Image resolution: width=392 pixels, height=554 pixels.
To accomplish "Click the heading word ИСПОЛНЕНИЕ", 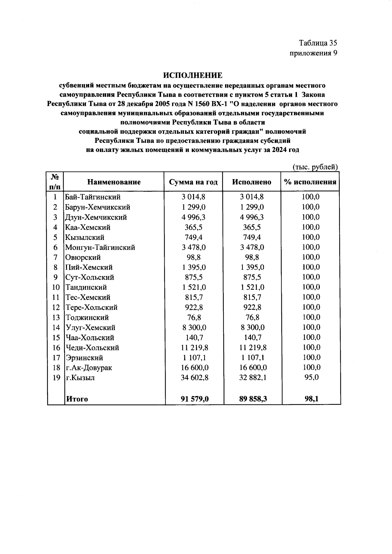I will coord(193,76).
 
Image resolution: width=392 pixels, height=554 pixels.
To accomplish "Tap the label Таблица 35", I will coord(318,43).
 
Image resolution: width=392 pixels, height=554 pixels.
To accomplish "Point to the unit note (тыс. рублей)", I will coord(315,167).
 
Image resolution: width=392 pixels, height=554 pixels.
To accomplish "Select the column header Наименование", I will coord(114,182).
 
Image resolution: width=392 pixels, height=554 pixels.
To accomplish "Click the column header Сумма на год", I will coord(193,182).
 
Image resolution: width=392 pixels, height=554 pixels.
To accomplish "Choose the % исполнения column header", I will coord(310,182).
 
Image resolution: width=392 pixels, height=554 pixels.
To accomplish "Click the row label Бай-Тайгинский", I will coord(93,197).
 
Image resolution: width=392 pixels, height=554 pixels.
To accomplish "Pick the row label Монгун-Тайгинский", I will coord(100,247).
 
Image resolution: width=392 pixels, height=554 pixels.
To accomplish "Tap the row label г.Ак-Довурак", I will coord(89,368).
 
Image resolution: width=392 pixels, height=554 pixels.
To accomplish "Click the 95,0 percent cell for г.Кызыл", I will coord(311,378).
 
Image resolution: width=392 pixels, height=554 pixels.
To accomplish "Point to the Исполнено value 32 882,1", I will coord(252,378).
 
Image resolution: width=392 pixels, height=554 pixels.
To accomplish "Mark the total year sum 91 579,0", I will coord(195,399).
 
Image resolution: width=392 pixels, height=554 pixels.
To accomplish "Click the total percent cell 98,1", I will coord(311,399).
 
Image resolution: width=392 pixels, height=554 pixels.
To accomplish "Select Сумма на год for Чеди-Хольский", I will coord(195,348).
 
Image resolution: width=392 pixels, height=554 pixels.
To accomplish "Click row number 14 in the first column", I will coord(56,327).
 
